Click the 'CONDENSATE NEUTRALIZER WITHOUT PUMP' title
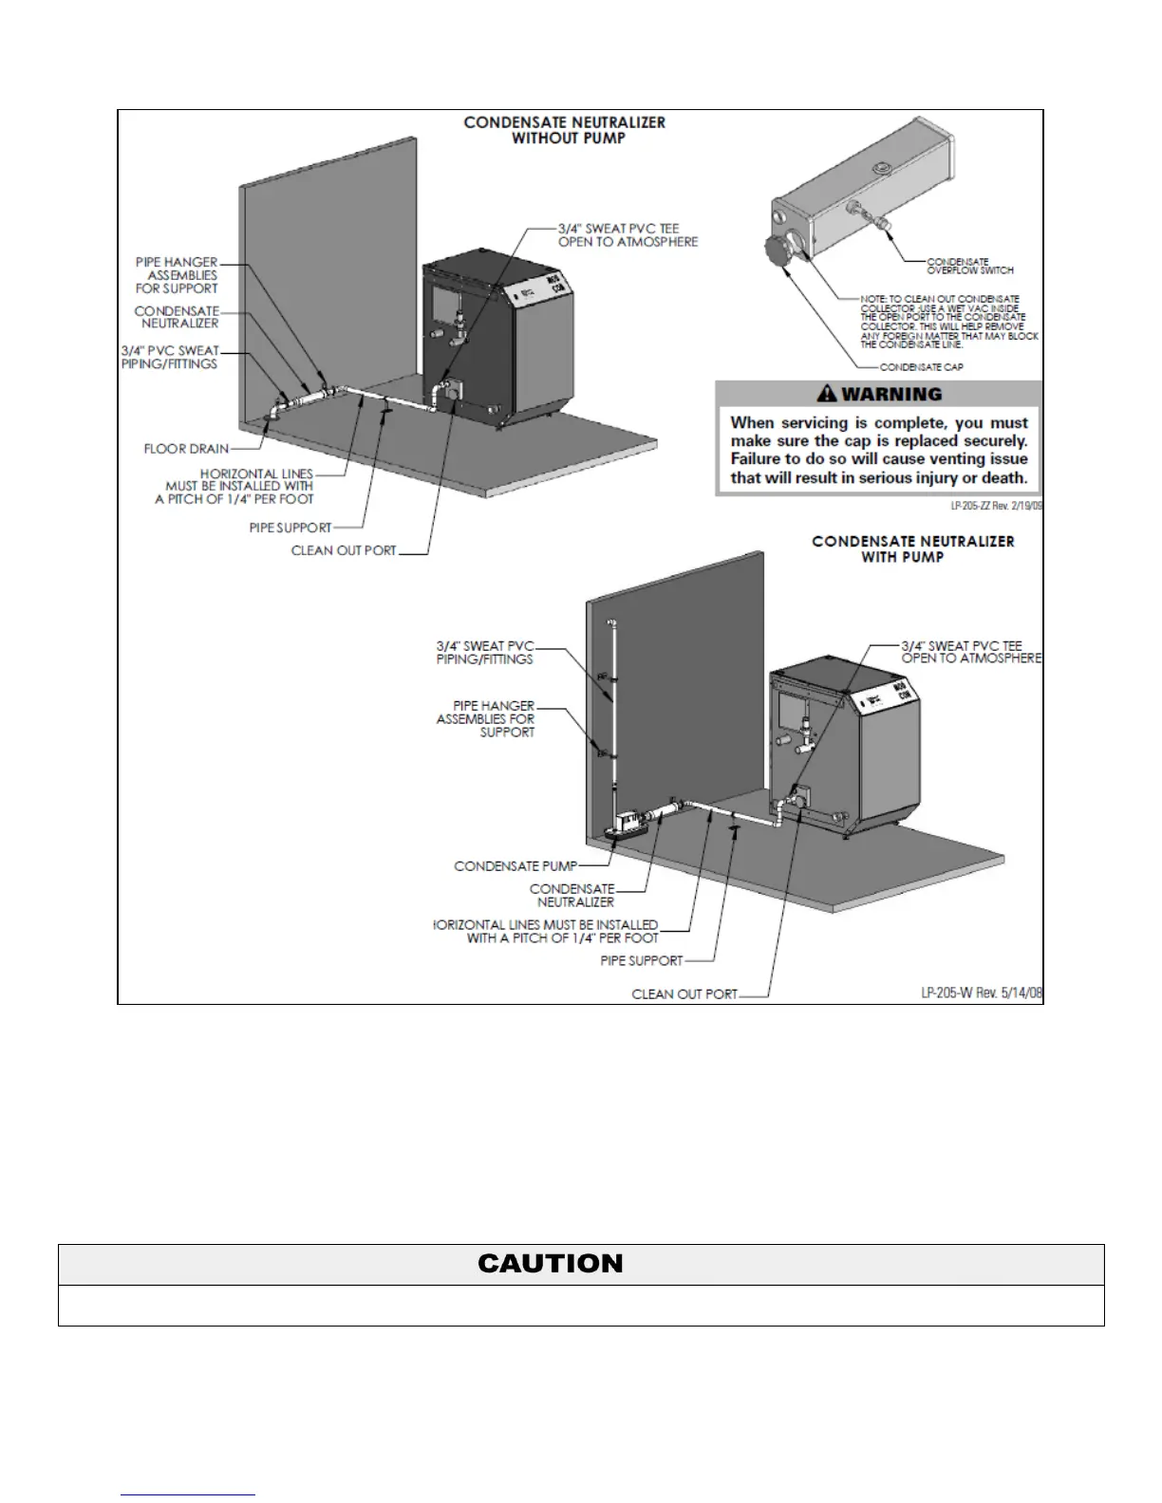tap(564, 130)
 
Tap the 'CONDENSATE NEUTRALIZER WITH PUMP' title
tap(912, 549)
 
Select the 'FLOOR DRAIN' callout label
tap(186, 449)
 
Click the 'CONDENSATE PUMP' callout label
tap(515, 866)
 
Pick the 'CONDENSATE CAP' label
tap(921, 366)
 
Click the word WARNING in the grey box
tap(891, 394)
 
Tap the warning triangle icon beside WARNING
tap(827, 393)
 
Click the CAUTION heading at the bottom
tap(551, 1264)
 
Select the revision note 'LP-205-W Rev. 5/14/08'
tap(982, 993)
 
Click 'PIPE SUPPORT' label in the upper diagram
tap(290, 528)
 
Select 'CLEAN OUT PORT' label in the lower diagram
tap(684, 994)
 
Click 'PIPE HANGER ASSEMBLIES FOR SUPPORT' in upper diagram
tap(177, 275)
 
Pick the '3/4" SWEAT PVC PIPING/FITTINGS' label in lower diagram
tap(485, 653)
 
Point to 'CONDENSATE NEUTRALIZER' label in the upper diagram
tap(177, 317)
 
